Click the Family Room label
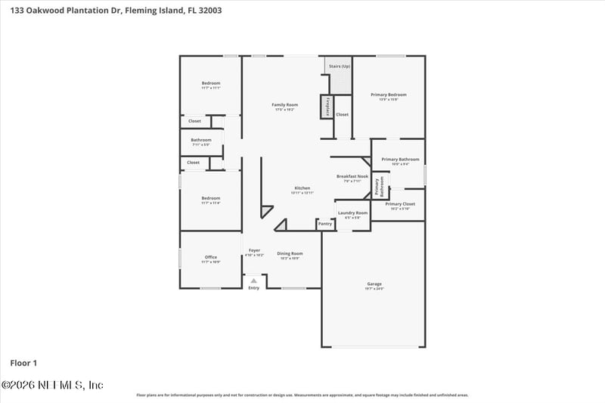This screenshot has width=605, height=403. tap(285, 104)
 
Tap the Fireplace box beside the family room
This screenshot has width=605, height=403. tap(327, 107)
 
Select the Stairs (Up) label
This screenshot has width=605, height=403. tap(340, 67)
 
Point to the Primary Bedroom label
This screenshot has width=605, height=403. tap(388, 95)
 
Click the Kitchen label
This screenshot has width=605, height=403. tap(302, 188)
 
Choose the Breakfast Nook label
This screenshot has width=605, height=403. tap(352, 176)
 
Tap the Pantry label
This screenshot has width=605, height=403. tap(325, 224)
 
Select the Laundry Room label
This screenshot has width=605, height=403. tap(352, 213)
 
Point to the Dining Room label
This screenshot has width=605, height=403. tap(290, 253)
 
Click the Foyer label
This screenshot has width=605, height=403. tap(254, 250)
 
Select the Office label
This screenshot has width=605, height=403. tap(211, 257)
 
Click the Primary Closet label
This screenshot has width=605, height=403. tap(400, 204)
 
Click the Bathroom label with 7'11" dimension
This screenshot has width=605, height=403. tap(201, 140)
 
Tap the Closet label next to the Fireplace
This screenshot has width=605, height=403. tap(343, 114)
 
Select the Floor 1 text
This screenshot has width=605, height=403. tap(24, 363)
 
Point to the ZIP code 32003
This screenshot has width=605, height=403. tap(209, 11)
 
